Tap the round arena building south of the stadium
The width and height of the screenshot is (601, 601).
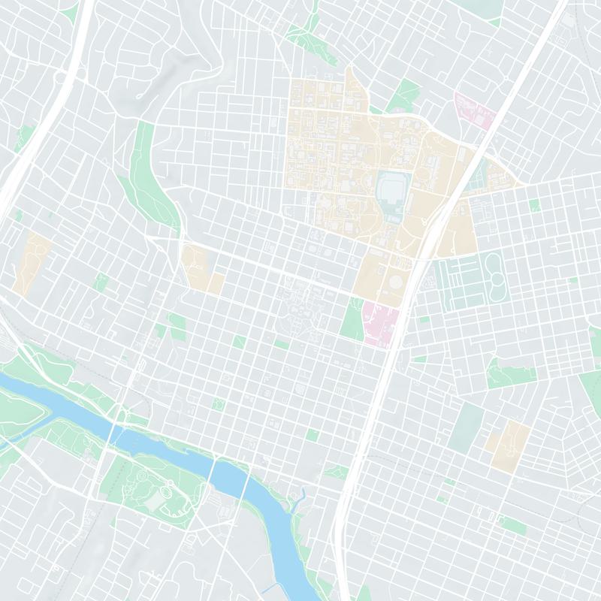pos(395,282)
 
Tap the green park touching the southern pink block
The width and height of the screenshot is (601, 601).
pos(352,319)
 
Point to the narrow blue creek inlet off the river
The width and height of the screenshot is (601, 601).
pos(300,499)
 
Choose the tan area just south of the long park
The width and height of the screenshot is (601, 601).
pos(197,267)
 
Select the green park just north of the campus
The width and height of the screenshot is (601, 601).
pos(406,95)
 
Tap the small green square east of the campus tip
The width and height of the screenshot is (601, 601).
pos(534,204)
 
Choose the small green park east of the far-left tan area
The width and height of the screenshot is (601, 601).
pos(101,282)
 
